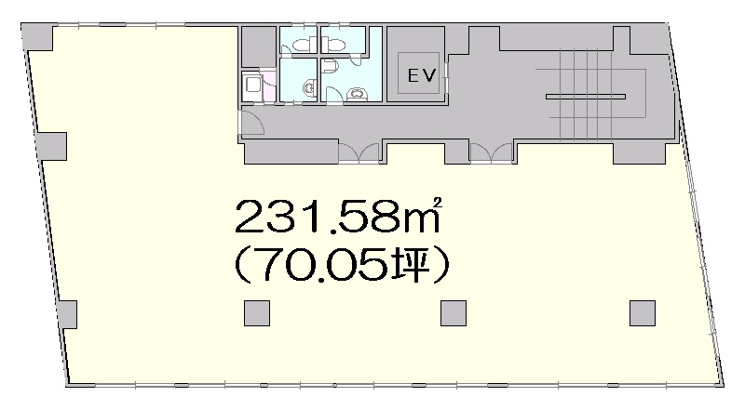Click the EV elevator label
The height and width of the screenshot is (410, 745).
[x=422, y=75]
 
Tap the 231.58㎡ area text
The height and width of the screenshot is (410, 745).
[x=339, y=216]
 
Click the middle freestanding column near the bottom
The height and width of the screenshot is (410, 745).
[x=454, y=313]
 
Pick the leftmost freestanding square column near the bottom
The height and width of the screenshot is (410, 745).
[x=257, y=313]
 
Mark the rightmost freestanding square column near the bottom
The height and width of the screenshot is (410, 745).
[x=643, y=313]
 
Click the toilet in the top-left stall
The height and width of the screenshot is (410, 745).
[x=301, y=45]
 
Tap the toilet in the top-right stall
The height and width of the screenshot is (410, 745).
[x=335, y=46]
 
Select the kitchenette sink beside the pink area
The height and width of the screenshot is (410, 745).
[x=251, y=86]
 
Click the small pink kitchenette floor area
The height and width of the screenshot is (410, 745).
[x=268, y=86]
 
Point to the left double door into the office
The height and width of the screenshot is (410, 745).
[x=359, y=153]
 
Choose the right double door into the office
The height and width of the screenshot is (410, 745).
[x=492, y=153]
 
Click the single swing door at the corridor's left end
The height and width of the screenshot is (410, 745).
[x=251, y=122]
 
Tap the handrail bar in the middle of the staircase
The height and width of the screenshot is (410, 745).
[x=586, y=97]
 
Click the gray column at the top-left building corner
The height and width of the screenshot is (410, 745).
[x=37, y=37]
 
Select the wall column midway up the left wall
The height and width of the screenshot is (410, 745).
[x=51, y=146]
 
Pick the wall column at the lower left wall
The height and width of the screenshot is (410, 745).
[x=67, y=314]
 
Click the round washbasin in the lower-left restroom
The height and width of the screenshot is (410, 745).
[x=309, y=87]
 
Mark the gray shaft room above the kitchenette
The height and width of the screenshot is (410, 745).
[x=259, y=46]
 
